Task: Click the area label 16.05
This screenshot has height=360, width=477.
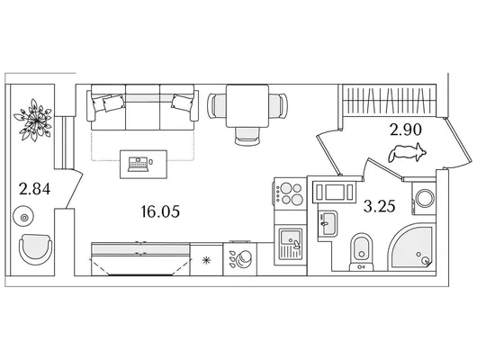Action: click(160, 211)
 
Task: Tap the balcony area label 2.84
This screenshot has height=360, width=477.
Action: click(34, 189)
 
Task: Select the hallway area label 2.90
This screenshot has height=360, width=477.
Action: click(406, 130)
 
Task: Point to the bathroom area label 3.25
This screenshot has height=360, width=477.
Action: click(379, 206)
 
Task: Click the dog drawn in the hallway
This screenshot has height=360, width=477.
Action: click(407, 152)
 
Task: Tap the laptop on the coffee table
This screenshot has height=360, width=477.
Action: click(138, 165)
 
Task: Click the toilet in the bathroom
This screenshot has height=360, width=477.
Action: click(362, 252)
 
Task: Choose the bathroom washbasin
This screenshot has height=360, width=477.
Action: click(328, 224)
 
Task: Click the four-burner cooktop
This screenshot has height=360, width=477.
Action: click(290, 193)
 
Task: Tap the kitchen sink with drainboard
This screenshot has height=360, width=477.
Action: click(290, 245)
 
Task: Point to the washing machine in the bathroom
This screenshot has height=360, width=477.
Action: click(424, 198)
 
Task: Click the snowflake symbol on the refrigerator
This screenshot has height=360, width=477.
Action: click(207, 260)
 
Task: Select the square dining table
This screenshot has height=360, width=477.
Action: click(247, 106)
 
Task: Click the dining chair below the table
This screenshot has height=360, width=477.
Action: click(247, 136)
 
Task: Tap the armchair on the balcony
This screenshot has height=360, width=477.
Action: click(35, 249)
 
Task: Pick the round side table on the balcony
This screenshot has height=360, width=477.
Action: click(23, 216)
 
